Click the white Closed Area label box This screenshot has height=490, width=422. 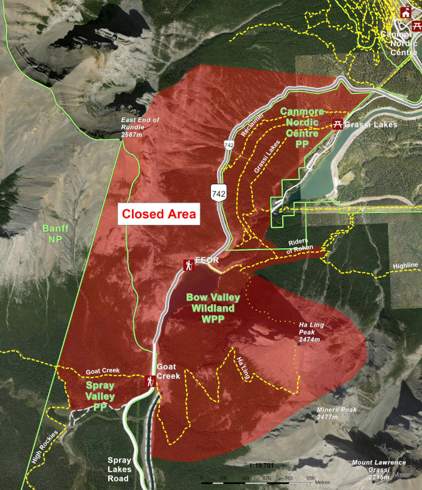(159, 214)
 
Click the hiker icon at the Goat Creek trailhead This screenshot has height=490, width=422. (151, 380)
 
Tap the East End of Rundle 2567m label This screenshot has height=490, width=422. (140, 127)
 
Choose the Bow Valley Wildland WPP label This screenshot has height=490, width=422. (213, 308)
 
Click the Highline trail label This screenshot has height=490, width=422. (406, 266)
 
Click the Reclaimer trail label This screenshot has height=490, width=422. (252, 126)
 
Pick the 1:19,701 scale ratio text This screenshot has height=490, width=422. (264, 464)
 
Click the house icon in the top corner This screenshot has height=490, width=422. (406, 13)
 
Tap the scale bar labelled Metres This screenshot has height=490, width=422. (257, 481)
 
